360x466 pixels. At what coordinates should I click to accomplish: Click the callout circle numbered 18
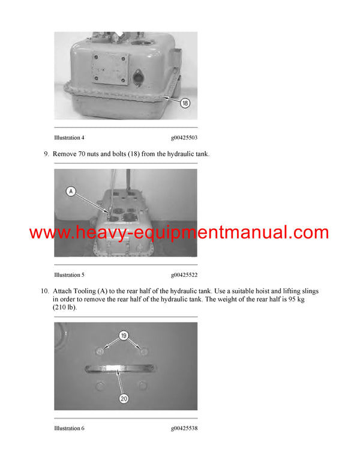pos(185,103)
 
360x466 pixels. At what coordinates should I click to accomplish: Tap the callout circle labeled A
pos(71,192)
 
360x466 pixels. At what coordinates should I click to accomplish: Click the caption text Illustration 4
pos(69,138)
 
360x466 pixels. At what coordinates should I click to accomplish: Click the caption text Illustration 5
pos(69,275)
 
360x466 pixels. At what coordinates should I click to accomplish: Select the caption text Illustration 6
pos(69,428)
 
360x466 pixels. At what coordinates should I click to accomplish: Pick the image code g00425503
pos(184,138)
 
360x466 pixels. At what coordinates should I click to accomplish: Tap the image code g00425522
pos(184,275)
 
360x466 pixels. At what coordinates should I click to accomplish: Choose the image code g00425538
pos(184,428)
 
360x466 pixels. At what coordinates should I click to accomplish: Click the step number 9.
pos(46,154)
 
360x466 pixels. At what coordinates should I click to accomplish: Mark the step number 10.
pos(44,291)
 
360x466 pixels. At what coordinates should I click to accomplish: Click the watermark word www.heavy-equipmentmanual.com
pos(179,233)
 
